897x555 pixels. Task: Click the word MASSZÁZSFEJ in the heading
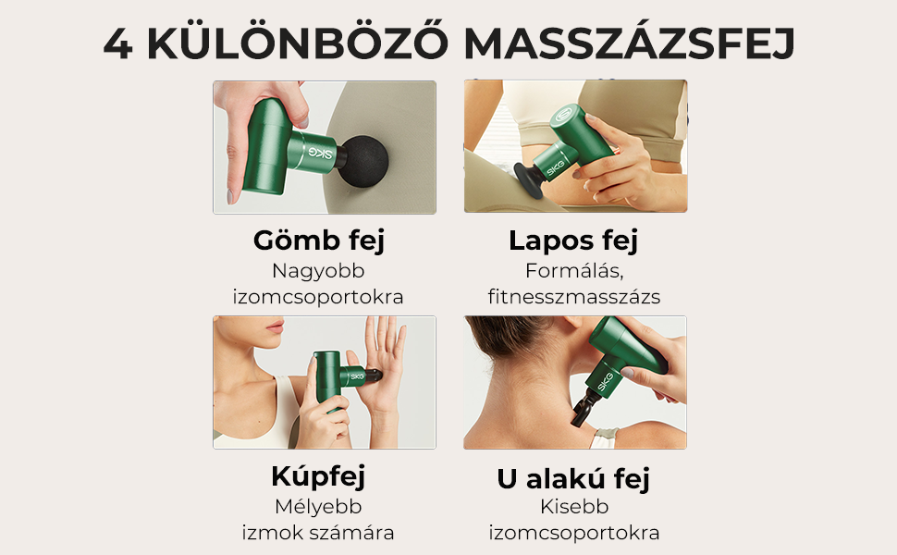pos(629,43)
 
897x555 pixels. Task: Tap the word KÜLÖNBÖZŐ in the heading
pos(298,42)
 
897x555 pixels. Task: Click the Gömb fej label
pos(319,240)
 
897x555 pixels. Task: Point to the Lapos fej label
pos(573,240)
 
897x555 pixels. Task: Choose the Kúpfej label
pos(318,476)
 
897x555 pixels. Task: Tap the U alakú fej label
pos(573,478)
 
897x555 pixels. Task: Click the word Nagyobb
pos(318,271)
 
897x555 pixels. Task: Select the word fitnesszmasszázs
pos(573,296)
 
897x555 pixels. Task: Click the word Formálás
pos(573,271)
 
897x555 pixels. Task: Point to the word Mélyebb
pos(318,507)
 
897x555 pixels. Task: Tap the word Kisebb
pos(574,506)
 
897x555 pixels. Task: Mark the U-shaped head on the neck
pos(583,407)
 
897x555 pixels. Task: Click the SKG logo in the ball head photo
pos(320,153)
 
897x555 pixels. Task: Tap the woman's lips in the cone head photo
pos(276,327)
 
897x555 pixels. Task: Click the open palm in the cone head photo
pos(384,366)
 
